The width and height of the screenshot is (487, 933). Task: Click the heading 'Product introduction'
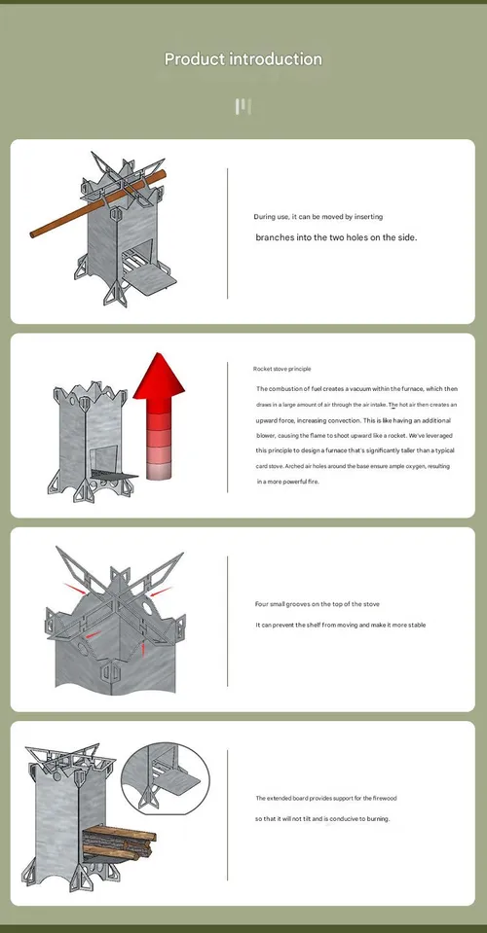(243, 59)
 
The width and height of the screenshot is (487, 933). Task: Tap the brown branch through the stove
(98, 204)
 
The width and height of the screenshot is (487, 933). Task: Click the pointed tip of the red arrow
(158, 353)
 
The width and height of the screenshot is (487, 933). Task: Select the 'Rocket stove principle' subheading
(281, 369)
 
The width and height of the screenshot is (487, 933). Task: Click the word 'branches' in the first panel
(275, 237)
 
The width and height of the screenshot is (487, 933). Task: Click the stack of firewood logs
(119, 842)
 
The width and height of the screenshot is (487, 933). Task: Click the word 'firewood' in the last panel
(385, 798)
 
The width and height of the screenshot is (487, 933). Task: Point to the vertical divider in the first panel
(227, 233)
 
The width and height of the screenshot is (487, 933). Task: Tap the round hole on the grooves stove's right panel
(146, 607)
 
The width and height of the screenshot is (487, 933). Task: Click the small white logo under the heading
(243, 107)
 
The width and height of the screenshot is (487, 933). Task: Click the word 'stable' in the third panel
(417, 625)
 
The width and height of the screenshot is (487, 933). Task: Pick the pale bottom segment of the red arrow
(159, 470)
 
